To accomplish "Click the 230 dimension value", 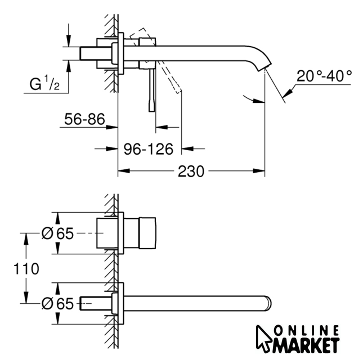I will click(x=191, y=172).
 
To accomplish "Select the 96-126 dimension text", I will click(x=149, y=148).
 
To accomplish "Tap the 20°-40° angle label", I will click(x=325, y=75).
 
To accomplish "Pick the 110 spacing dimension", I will click(x=26, y=269).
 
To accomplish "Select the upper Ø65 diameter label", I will click(x=57, y=233).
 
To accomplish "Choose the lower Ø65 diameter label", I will click(x=57, y=304).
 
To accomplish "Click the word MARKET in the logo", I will click(x=307, y=343).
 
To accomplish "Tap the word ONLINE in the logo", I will click(x=307, y=330).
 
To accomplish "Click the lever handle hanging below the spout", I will click(x=151, y=90).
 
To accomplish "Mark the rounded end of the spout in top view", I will click(x=269, y=302).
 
